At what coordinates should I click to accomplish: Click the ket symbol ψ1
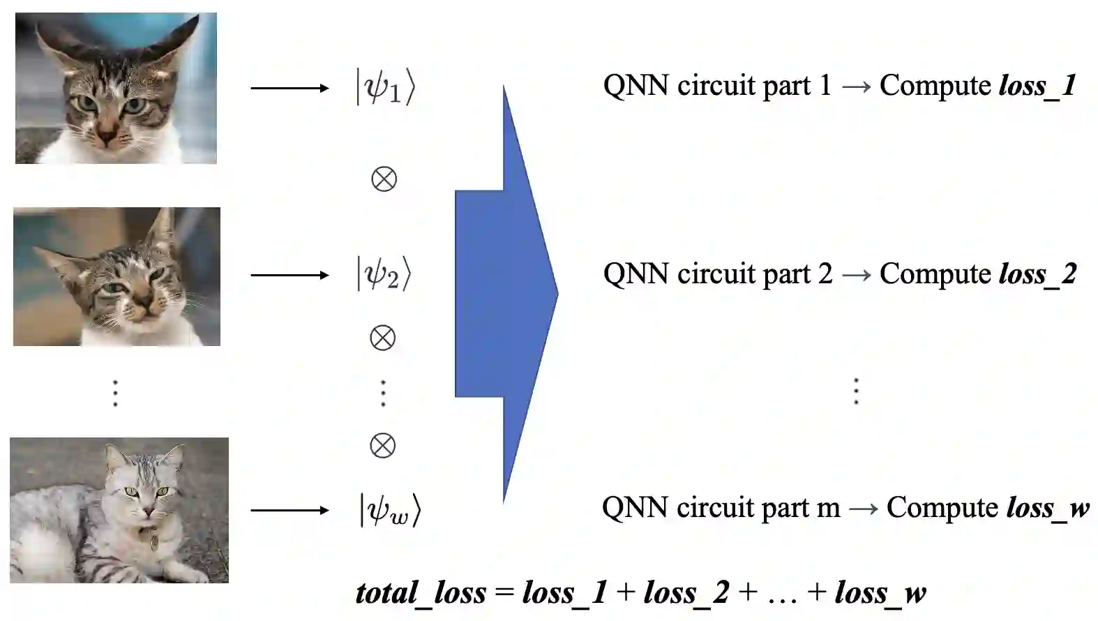[x=386, y=87]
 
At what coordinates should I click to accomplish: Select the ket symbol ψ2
[x=384, y=274]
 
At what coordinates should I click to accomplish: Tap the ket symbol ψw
[x=390, y=510]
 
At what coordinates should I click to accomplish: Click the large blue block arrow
[x=504, y=294]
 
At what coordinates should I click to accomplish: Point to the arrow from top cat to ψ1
[x=289, y=88]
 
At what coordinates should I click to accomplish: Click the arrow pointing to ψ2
[x=289, y=275]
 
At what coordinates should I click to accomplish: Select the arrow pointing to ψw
[x=289, y=510]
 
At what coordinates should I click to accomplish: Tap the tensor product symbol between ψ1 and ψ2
[x=384, y=179]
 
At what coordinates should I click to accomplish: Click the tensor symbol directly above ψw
[x=382, y=445]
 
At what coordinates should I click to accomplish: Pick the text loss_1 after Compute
[x=1037, y=86]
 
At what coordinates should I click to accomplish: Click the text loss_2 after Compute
[x=1037, y=274]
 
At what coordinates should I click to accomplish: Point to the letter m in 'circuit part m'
[x=828, y=509]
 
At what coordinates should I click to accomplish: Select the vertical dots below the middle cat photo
[x=116, y=393]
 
